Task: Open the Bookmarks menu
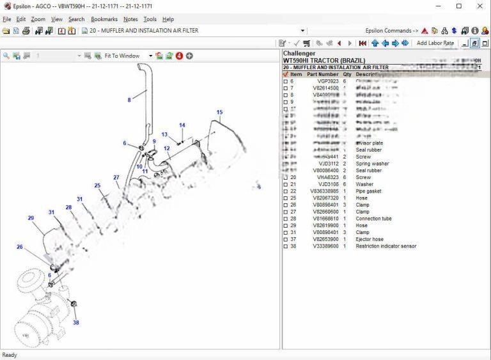(104, 19)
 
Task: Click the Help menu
(168, 19)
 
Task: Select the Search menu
(77, 19)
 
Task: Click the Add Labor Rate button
(435, 43)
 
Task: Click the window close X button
(479, 6)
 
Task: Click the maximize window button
(458, 6)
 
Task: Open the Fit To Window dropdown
(151, 56)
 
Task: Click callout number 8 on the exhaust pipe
(129, 100)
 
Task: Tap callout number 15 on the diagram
(219, 113)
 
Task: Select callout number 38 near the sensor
(75, 322)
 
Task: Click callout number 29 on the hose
(31, 218)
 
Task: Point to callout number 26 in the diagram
(20, 247)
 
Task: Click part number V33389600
(325, 246)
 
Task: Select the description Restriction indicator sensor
(386, 246)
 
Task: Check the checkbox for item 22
(285, 191)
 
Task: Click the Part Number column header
(323, 74)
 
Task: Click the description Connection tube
(373, 219)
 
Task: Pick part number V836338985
(324, 191)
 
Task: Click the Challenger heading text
(299, 54)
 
